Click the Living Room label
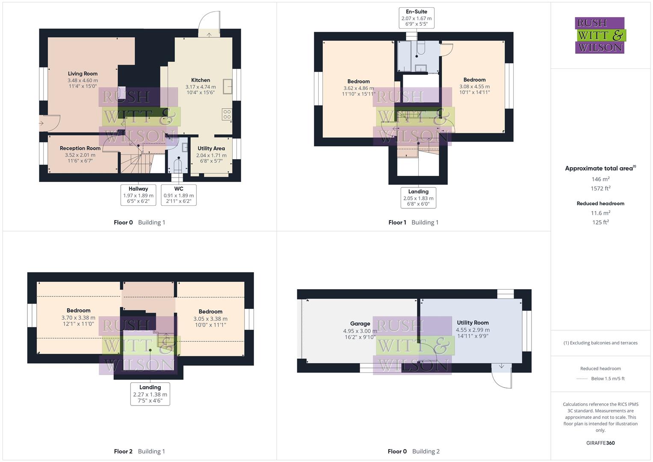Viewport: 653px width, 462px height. (83, 74)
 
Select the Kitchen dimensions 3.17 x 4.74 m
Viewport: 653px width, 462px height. (201, 87)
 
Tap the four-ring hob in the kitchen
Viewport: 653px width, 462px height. (227, 114)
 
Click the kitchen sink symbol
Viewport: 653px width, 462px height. (228, 86)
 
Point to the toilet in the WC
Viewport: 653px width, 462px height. (178, 166)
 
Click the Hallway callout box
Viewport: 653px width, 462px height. (138, 195)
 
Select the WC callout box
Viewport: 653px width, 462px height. (179, 195)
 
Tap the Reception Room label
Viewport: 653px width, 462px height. (80, 148)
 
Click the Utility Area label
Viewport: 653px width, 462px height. (211, 148)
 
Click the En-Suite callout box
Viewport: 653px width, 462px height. (417, 18)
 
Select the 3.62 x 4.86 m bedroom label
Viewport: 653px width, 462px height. (358, 88)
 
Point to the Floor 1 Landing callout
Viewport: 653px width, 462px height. (418, 198)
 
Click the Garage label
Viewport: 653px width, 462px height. (360, 324)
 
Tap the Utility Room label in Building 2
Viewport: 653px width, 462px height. (473, 323)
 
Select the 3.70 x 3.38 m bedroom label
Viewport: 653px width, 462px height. (78, 317)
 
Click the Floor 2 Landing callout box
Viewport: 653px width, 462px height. (150, 394)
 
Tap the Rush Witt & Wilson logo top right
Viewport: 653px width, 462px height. (600, 35)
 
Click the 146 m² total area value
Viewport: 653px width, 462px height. (600, 179)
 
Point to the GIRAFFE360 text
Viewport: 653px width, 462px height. (600, 443)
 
